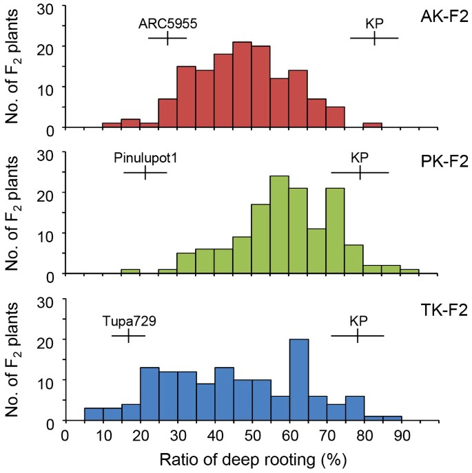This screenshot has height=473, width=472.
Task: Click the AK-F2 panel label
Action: click(444, 15)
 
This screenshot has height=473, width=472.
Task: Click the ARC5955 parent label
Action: click(168, 23)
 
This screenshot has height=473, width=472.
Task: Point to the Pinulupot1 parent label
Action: click(145, 158)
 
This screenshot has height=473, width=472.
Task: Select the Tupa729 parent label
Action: click(128, 321)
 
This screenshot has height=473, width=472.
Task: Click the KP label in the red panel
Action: click(374, 23)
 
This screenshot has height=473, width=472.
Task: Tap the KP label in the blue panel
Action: click(358, 321)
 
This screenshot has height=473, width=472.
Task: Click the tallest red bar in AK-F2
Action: click(243, 85)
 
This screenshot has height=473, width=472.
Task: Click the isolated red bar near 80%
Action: click(373, 126)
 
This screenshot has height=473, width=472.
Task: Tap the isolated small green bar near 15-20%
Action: click(130, 272)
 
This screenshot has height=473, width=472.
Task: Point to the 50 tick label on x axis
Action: click(252, 435)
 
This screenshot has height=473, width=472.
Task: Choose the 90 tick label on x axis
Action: click(402, 435)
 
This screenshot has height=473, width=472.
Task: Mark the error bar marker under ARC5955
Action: click(167, 39)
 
